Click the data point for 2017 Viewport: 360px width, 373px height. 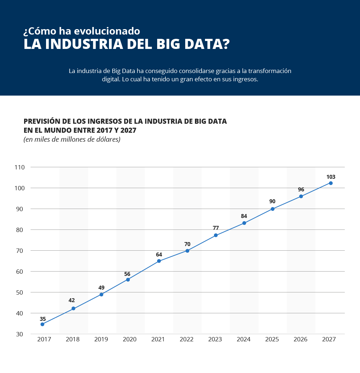click(42, 324)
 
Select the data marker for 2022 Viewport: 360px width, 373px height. click(187, 251)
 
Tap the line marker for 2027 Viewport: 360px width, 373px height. click(331, 183)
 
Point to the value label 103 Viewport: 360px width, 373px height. click(331, 177)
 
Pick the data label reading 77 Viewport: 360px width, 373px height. click(216, 228)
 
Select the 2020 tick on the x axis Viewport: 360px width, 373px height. click(129, 340)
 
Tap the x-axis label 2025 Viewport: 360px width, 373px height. click(272, 340)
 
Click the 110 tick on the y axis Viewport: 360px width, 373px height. click(19, 167)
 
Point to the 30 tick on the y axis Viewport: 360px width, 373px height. click(19, 334)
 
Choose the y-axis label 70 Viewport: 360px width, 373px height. click(19, 251)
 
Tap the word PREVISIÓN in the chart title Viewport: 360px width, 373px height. click(43, 121)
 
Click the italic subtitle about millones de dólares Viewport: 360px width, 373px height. click(72, 139)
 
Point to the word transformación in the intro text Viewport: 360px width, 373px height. click(270, 71)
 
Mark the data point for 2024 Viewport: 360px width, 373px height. click(244, 223)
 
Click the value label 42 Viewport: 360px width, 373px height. click(72, 300)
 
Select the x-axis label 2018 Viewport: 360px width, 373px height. click(73, 340)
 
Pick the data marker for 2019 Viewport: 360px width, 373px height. click(101, 295)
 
